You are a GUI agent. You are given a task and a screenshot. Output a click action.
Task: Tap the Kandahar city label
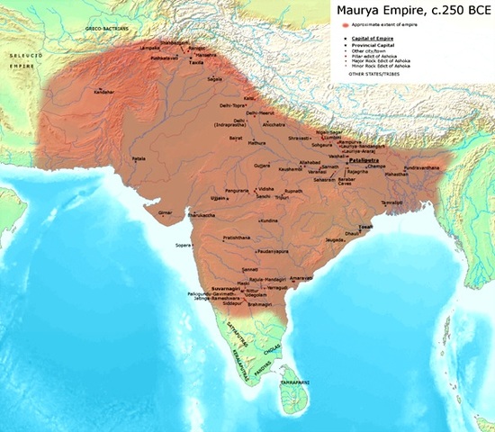coord(104,93)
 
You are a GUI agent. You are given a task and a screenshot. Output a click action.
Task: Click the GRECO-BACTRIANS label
coord(105,28)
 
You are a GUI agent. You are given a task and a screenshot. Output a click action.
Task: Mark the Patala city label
coord(139,158)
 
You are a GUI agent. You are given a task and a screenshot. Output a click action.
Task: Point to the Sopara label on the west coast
coord(183,244)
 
